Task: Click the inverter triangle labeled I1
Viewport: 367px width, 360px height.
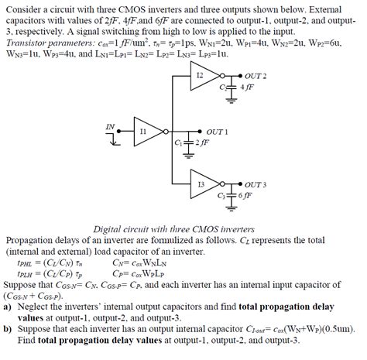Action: [x=146, y=132]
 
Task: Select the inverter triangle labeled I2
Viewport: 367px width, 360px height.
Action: [x=204, y=76]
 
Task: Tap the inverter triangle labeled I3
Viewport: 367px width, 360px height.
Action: [x=204, y=185]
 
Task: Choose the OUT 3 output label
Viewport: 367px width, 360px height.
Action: [x=255, y=185]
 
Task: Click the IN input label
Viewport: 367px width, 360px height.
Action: [x=110, y=126]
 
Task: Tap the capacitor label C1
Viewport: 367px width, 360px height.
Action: [x=178, y=143]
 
